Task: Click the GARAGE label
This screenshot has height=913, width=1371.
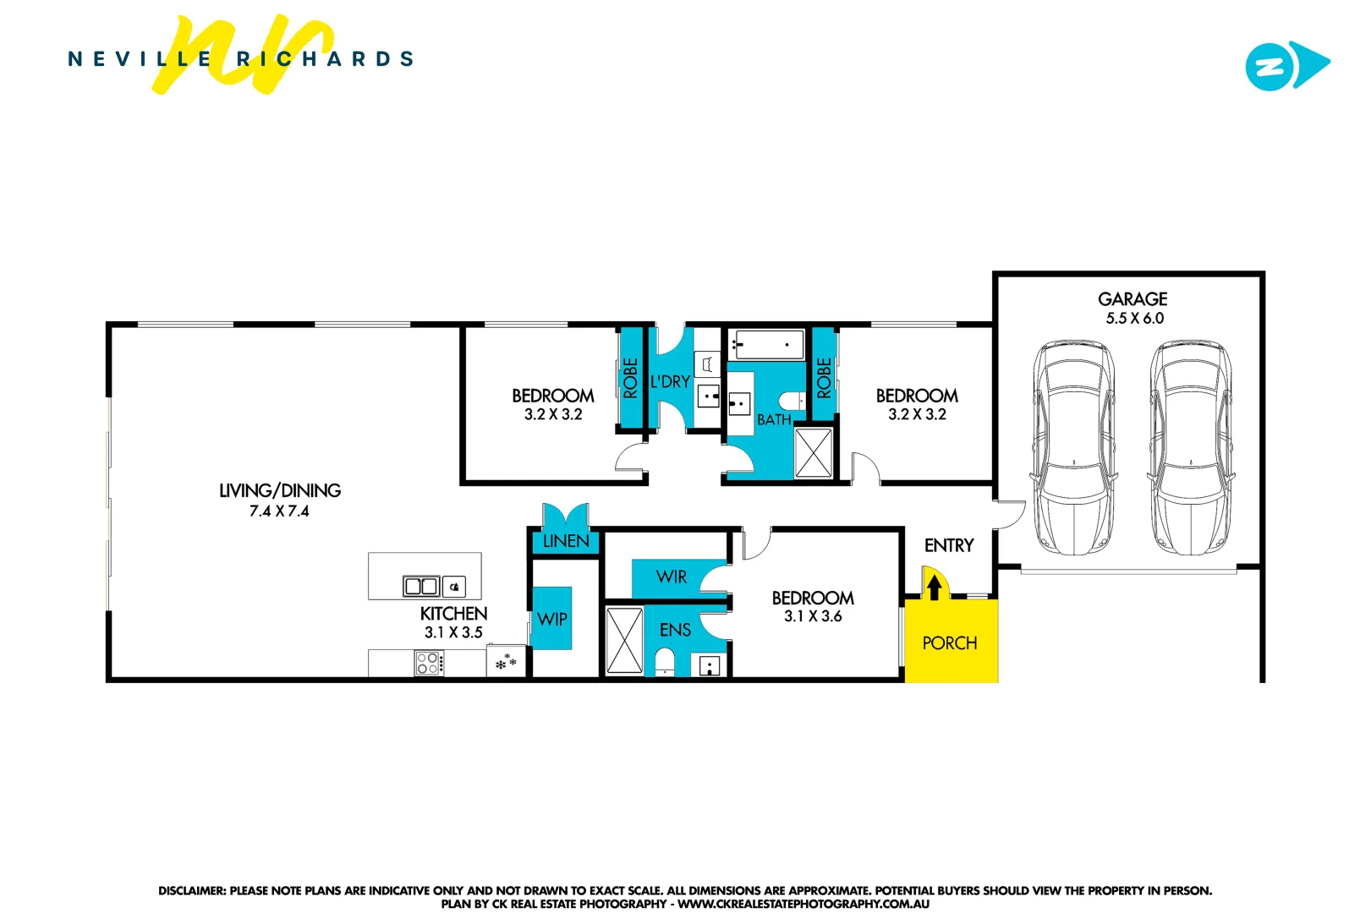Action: (1132, 299)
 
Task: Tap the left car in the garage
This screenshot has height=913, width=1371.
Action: (1072, 447)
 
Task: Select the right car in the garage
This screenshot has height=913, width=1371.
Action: (1190, 447)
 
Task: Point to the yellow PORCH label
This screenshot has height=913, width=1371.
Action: (949, 643)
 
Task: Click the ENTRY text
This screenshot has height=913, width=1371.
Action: (948, 545)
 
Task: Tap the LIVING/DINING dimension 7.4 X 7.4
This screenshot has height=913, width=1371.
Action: (279, 511)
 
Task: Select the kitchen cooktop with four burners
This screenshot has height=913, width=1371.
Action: (428, 663)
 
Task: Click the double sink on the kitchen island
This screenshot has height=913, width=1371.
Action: (421, 586)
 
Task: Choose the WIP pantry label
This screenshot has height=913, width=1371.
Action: (551, 619)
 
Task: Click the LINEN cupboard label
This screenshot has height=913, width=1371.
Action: (565, 541)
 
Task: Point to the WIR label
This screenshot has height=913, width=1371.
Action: (672, 577)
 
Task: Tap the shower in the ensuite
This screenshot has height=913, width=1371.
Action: (624, 640)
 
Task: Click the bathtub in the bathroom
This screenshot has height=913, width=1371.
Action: (766, 345)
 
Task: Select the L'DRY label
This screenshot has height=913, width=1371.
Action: (670, 382)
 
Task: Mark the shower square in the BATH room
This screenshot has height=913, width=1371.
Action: (814, 453)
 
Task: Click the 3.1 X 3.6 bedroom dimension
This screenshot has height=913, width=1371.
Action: (812, 616)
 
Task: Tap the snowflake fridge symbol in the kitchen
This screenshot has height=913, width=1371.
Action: (506, 662)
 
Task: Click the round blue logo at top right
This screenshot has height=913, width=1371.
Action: (1269, 66)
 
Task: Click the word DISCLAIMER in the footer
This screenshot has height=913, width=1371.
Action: (192, 890)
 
